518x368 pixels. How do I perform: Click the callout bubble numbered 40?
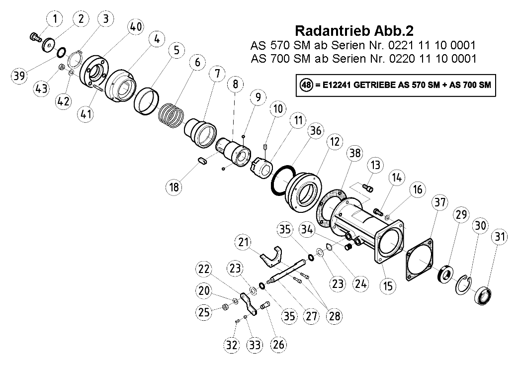pos(135,26)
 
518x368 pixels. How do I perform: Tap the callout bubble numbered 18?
pos(174,187)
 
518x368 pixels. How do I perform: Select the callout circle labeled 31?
pos(500,236)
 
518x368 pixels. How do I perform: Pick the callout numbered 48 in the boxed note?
pos(306,85)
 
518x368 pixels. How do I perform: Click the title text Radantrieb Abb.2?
pos(354,31)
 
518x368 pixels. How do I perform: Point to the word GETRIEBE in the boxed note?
pos(374,85)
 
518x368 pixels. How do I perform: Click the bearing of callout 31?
pos(483,296)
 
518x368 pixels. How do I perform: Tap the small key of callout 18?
pos(202,161)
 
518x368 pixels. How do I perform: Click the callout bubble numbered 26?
pos(278,344)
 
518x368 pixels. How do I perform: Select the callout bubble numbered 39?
pos(19,75)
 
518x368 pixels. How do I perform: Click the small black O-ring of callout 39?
pos(61,52)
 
